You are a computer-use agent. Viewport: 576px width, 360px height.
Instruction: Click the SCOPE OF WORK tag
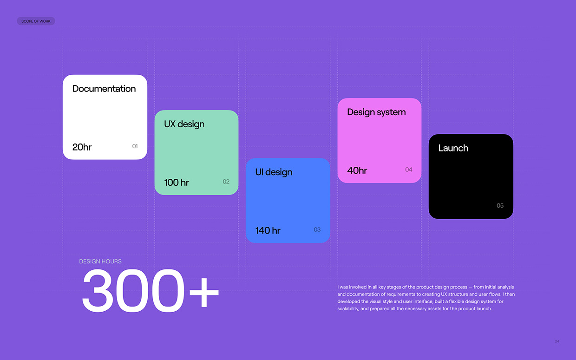click(36, 21)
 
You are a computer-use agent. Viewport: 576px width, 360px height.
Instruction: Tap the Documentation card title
click(104, 89)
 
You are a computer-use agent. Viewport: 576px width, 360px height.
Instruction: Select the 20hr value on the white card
click(82, 147)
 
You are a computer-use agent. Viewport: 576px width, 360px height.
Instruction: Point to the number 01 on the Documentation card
click(135, 146)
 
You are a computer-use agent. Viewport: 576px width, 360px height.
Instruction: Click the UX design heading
click(184, 124)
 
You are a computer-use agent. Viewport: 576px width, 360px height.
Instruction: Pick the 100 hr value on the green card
click(177, 183)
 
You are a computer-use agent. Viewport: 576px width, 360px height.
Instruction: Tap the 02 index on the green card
click(226, 182)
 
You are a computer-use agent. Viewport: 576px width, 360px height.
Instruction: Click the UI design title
click(274, 172)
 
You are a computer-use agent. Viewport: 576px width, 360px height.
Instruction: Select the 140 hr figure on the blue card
click(268, 230)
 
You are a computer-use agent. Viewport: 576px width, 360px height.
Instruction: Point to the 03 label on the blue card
click(317, 229)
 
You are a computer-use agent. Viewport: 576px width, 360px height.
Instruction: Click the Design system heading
click(376, 112)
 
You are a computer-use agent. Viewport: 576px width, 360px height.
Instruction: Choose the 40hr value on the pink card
click(357, 170)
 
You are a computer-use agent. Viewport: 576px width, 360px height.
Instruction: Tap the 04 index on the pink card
click(408, 170)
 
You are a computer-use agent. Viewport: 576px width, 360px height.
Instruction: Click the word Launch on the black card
click(453, 148)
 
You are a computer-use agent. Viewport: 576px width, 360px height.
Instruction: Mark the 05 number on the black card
click(500, 206)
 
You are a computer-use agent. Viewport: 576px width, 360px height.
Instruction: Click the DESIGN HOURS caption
click(100, 262)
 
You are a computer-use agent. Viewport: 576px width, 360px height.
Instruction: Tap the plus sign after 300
click(203, 291)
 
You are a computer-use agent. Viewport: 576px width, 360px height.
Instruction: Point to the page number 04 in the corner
click(556, 341)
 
